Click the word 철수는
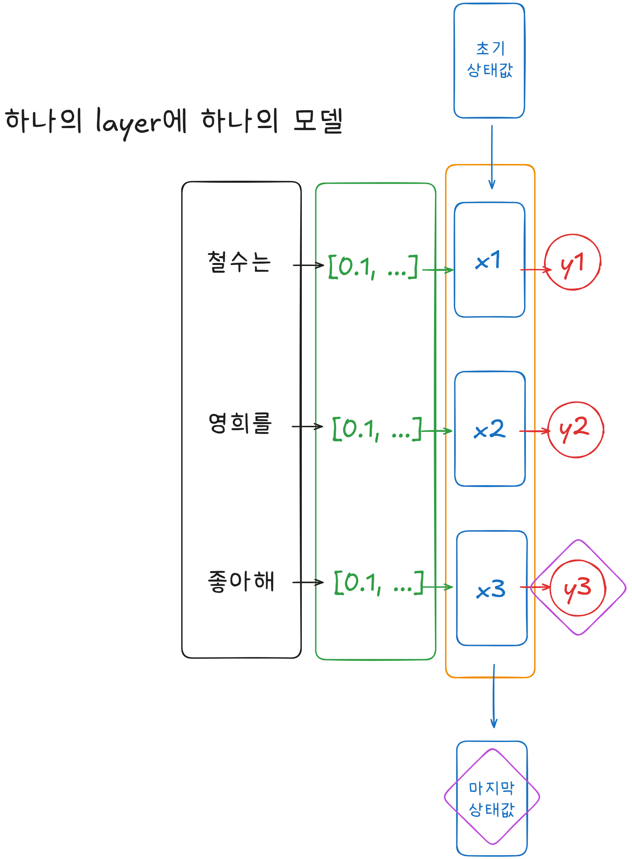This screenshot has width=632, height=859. [x=239, y=262]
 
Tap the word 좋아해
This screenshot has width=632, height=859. [x=241, y=581]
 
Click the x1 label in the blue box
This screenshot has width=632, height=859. [x=488, y=261]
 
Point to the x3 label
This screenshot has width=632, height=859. [x=491, y=589]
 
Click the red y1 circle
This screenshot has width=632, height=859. [x=572, y=263]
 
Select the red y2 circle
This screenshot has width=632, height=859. [x=575, y=429]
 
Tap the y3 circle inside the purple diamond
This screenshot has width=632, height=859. [x=578, y=588]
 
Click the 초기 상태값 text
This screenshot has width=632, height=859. [x=490, y=60]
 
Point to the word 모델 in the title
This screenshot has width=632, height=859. [x=318, y=121]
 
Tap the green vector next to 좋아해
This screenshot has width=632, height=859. [x=379, y=583]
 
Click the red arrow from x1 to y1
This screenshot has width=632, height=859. [x=536, y=270]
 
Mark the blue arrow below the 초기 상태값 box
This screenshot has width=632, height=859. [x=492, y=157]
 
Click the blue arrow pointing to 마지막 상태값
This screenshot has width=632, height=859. [x=493, y=696]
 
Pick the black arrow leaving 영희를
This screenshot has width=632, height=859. [x=307, y=426]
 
